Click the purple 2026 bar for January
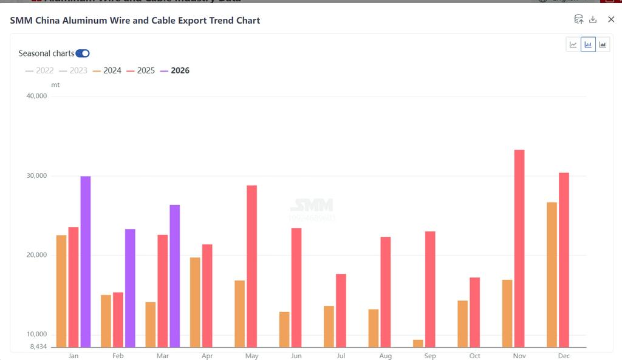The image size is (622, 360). pos(86,261)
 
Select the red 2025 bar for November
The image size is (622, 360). pos(519,248)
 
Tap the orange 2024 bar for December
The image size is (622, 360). pos(552,274)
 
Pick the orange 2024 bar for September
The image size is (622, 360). pos(418,344)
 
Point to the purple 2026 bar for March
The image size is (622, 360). pos(174,276)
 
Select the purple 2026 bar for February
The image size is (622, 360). pos(130,288)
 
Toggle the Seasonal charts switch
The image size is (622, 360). pos(83,53)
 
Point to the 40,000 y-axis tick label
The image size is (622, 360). pos(37,96)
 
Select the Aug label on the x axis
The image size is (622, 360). pos(385,356)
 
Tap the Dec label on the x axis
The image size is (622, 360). pos(564,356)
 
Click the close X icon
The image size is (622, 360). pos(611,19)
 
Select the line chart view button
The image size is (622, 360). pos(573,44)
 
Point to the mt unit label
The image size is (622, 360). pos(55,84)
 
